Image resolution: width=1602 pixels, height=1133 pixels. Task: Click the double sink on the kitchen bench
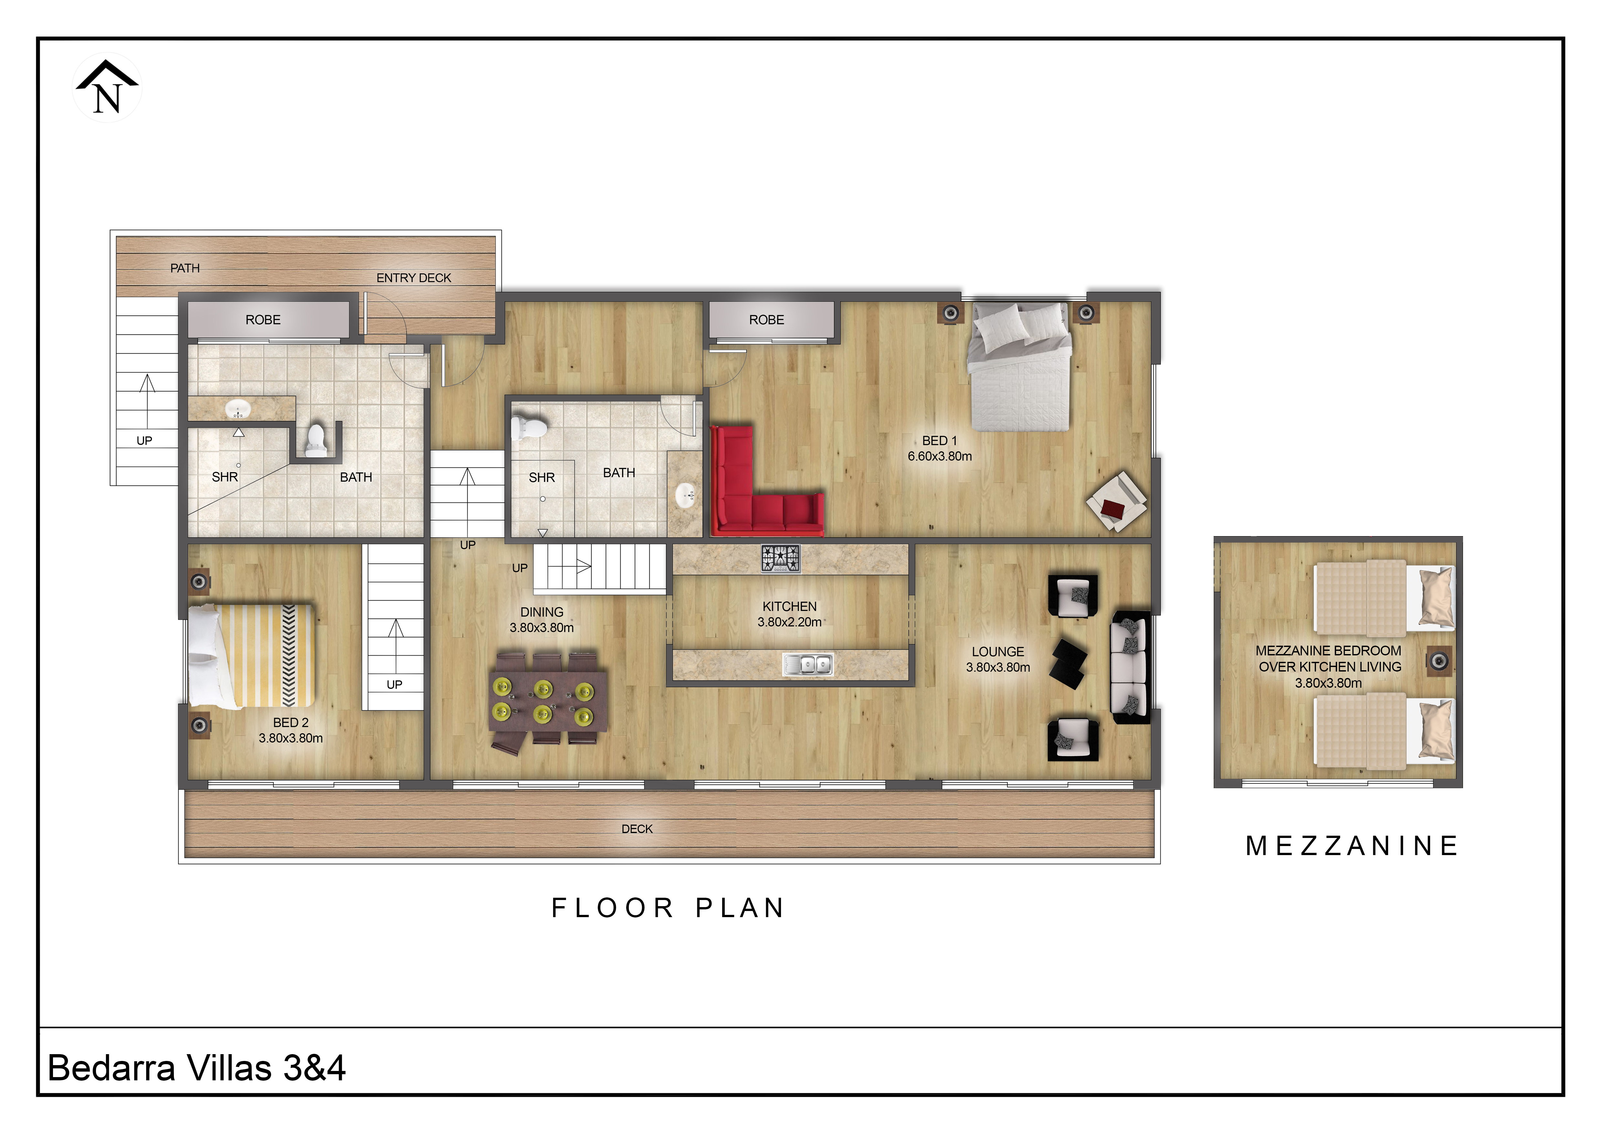pos(807,664)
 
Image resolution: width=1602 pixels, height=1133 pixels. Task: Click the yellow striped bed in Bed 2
pos(251,656)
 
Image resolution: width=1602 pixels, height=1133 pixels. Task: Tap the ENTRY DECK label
pos(414,278)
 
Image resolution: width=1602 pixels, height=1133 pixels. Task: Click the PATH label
pos(185,268)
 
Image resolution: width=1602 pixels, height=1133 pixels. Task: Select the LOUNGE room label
pos(998,651)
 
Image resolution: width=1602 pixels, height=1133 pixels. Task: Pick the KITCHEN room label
pos(789,606)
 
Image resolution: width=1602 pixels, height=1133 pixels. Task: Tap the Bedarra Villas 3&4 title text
pos(197,1067)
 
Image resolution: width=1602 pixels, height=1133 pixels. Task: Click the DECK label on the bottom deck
pos(637,829)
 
